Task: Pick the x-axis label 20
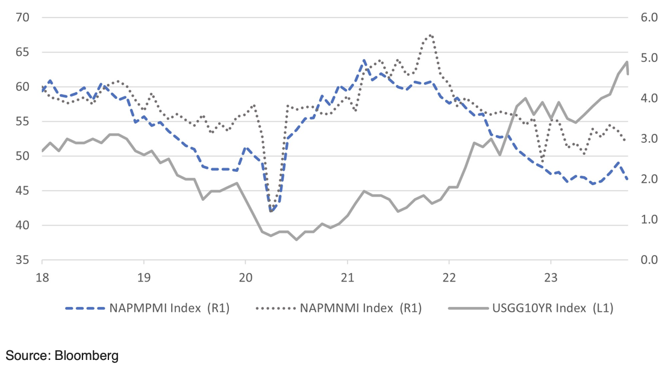coord(245,279)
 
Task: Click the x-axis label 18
coord(42,279)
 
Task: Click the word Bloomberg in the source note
coord(86,355)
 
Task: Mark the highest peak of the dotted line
coord(431,35)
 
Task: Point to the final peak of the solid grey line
coord(627,61)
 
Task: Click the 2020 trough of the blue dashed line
coord(271,211)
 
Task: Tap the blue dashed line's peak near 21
coord(364,60)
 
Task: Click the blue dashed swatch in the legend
coord(84,309)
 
